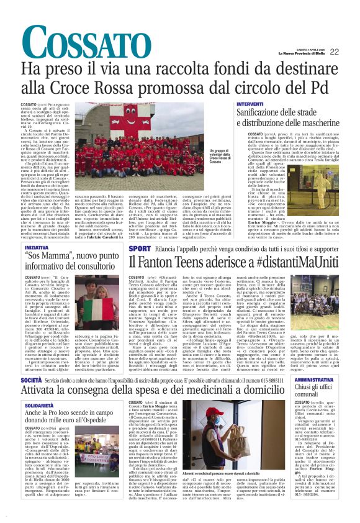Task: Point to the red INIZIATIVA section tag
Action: pos(37,247)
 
